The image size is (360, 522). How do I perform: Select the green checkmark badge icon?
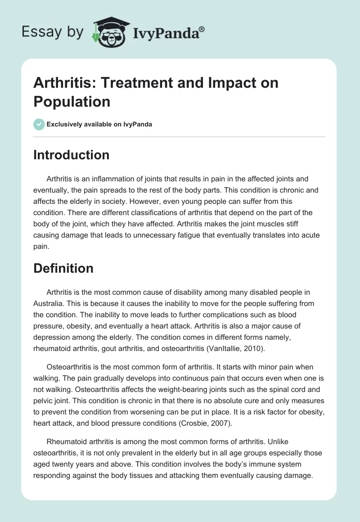pyautogui.click(x=39, y=124)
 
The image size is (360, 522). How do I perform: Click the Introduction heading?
pyautogui.click(x=71, y=155)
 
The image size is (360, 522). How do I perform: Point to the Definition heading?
pyautogui.click(x=63, y=269)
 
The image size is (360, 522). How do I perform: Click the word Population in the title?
pyautogui.click(x=72, y=102)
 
